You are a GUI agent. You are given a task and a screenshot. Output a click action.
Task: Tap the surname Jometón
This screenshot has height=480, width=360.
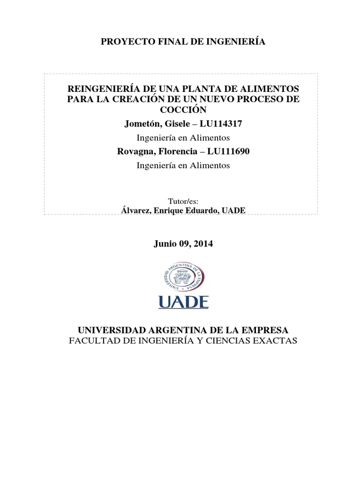pyautogui.click(x=142, y=124)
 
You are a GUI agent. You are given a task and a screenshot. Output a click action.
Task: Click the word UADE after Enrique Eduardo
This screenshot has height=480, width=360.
pyautogui.click(x=233, y=211)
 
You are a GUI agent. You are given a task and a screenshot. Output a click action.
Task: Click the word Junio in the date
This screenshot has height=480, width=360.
pyautogui.click(x=165, y=244)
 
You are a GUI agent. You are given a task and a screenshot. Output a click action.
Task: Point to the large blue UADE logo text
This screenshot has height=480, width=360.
pyautogui.click(x=183, y=301)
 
